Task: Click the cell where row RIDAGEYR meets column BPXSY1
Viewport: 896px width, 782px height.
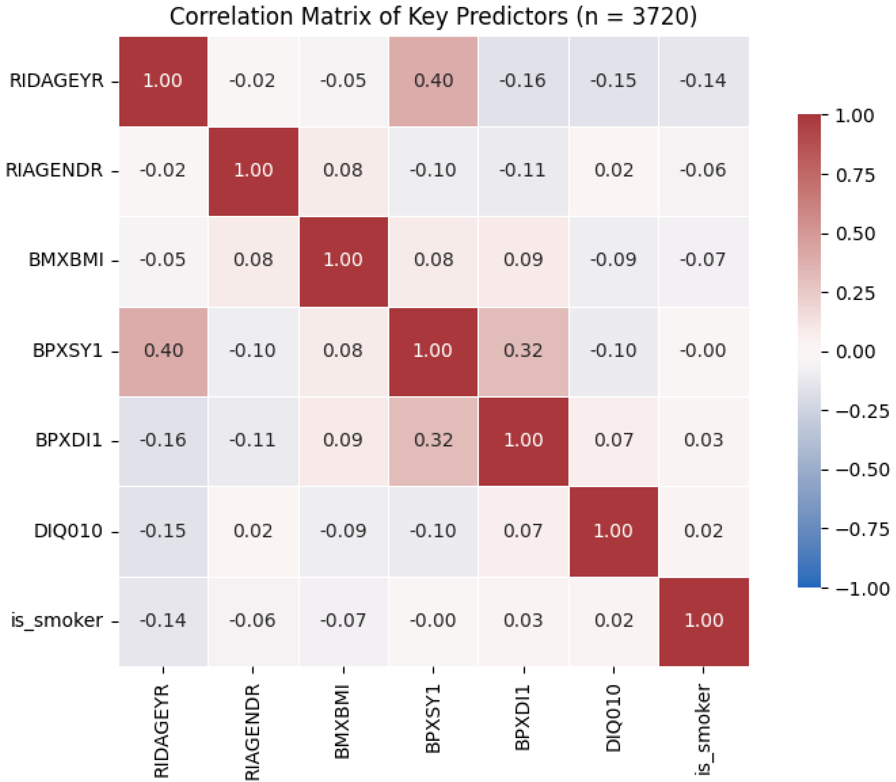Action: tap(433, 81)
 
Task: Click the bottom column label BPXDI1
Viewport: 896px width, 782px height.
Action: tap(523, 718)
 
